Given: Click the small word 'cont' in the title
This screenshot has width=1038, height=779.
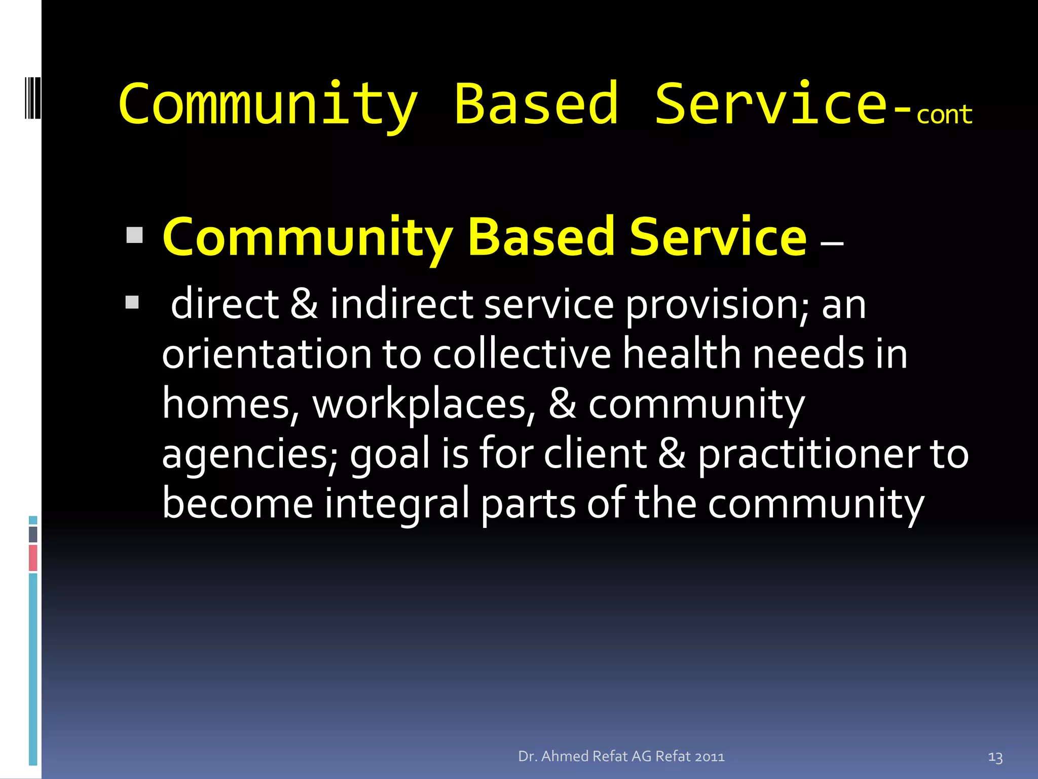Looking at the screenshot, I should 944,115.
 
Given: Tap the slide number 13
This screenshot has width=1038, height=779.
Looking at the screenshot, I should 995,758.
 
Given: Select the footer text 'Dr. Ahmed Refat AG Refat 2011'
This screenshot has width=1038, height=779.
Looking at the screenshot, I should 621,756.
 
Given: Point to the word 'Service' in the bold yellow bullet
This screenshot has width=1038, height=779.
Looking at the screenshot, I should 718,237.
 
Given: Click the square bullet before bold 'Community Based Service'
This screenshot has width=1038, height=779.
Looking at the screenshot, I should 134,235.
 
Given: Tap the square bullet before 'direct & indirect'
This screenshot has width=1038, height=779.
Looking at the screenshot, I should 132,303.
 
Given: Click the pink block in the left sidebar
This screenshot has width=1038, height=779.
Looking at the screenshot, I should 33,557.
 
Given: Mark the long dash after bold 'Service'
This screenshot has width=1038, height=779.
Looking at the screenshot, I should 832,243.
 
